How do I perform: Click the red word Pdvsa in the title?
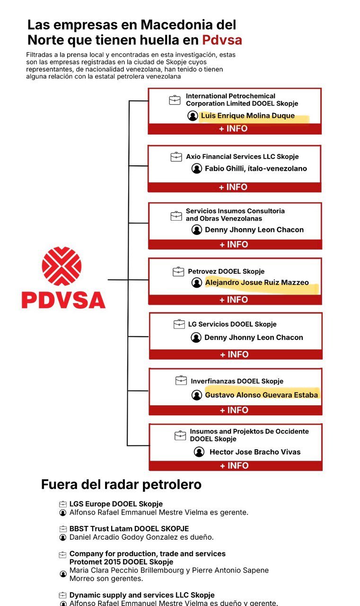[222, 40]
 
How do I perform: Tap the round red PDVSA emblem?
[61, 266]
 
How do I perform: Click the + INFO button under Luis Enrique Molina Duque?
[234, 129]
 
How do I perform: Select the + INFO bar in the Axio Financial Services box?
[234, 187]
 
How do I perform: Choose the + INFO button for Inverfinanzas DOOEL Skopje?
[235, 410]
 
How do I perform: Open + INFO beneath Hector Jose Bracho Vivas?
[235, 465]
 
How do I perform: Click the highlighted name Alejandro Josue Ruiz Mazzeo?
[256, 283]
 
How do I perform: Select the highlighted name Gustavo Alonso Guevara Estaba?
[261, 395]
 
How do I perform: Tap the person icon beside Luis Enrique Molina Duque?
[193, 116]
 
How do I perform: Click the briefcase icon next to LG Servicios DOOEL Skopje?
[179, 324]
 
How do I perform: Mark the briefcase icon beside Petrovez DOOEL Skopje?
[178, 271]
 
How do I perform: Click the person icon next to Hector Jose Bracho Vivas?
[199, 452]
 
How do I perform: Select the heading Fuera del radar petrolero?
[121, 484]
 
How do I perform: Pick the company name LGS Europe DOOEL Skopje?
[116, 504]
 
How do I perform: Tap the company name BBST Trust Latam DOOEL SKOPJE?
[129, 528]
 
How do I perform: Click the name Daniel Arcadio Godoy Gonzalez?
[128, 537]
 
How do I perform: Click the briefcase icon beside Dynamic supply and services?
[62, 595]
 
